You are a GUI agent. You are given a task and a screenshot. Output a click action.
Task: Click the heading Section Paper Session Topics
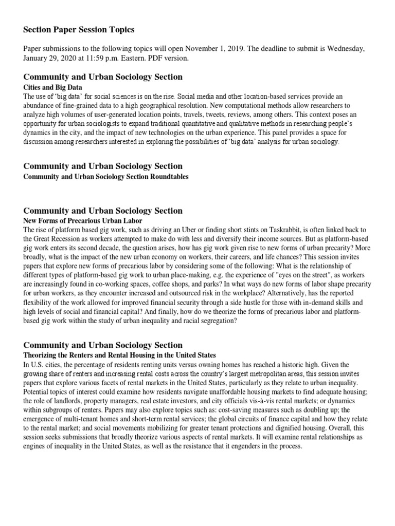tap(79, 30)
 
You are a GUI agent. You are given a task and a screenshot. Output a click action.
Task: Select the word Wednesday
tap(346, 49)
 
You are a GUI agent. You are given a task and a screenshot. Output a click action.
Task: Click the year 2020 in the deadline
tap(75, 58)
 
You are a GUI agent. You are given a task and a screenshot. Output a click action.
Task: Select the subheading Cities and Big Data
tap(53, 87)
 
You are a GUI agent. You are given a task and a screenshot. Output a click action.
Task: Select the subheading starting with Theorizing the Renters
tap(120, 355)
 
